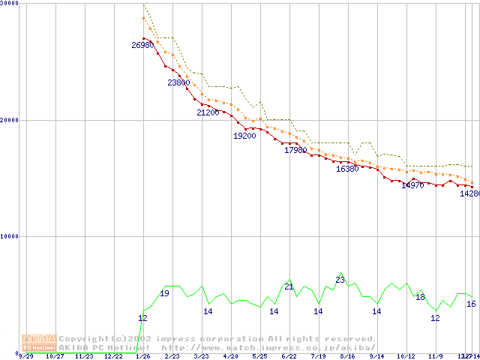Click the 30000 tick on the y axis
tap(10, 4)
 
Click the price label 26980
tap(142, 46)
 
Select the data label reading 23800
tap(178, 82)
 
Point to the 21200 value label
tap(208, 112)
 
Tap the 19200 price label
tap(244, 136)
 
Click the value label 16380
tap(347, 169)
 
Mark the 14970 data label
tap(412, 185)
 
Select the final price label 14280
tap(469, 193)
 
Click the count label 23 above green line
tap(340, 280)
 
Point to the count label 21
tap(289, 286)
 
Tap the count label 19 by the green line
tap(164, 293)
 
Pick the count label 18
tap(420, 298)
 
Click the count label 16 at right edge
tap(471, 304)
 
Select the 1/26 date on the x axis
tap(142, 357)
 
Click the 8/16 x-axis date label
tap(347, 357)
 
